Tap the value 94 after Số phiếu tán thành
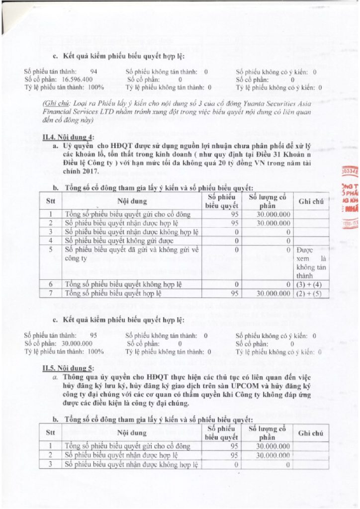93,72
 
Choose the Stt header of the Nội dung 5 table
50,433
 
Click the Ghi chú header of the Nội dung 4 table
311,201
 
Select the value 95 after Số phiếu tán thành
93,336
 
